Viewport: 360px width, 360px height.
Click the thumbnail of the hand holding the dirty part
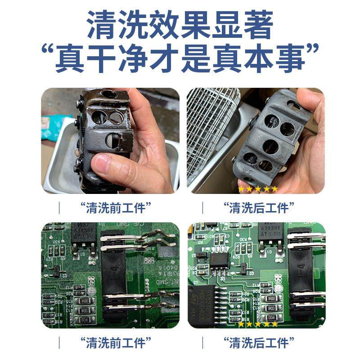click(110, 140)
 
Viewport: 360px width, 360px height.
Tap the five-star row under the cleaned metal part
click(258, 189)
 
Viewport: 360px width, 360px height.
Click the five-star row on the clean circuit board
click(258, 324)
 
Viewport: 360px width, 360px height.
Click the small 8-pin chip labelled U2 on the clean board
click(219, 260)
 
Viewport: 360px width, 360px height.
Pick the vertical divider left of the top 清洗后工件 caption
click(202, 208)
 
